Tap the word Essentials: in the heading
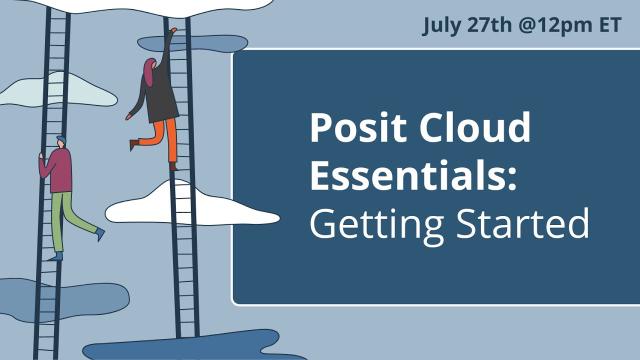413,176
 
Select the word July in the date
444,25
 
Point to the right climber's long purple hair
148,75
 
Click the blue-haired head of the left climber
60,140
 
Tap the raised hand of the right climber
173,32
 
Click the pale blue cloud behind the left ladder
60,92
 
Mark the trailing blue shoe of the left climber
99,233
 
